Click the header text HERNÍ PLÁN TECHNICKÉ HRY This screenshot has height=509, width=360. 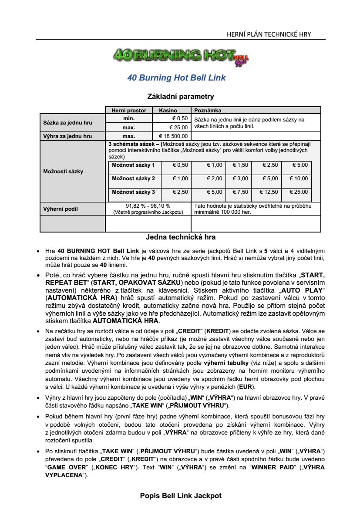click(x=269, y=34)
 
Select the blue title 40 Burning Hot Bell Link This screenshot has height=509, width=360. click(x=176, y=78)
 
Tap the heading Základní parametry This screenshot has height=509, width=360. click(x=181, y=96)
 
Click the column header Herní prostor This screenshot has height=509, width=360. click(x=129, y=111)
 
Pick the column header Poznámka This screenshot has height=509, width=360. click(x=208, y=111)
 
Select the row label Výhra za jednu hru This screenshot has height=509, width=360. click(x=67, y=136)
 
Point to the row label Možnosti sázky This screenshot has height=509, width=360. click(x=63, y=171)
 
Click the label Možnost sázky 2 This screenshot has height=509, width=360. click(x=133, y=179)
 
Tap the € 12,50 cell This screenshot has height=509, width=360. click(x=269, y=192)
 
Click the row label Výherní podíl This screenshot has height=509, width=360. click(x=60, y=209)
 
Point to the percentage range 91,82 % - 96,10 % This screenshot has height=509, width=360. click(x=148, y=206)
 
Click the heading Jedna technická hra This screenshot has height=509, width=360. click(x=181, y=237)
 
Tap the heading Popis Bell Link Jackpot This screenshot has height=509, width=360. click(x=181, y=496)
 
